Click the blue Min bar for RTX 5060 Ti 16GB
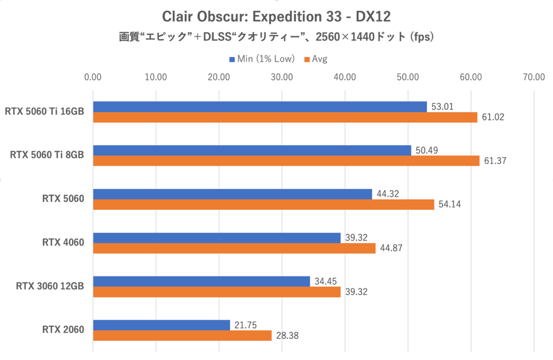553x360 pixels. pyautogui.click(x=260, y=107)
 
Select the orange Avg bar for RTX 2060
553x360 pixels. pyautogui.click(x=182, y=336)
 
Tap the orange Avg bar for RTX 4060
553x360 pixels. pyautogui.click(x=234, y=248)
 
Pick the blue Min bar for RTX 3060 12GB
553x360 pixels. pyautogui.click(x=201, y=281)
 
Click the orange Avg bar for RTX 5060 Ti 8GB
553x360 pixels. pyautogui.click(x=286, y=161)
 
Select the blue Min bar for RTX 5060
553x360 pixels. pyautogui.click(x=232, y=194)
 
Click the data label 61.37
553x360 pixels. pyautogui.click(x=495, y=161)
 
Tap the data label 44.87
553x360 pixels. pyautogui.click(x=391, y=248)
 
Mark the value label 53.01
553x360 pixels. pyautogui.click(x=442, y=107)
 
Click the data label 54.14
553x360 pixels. pyautogui.click(x=449, y=205)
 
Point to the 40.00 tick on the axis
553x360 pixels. pyautogui.click(x=345, y=77)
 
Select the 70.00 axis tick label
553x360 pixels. pyautogui.click(x=534, y=77)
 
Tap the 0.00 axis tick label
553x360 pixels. pyautogui.click(x=93, y=77)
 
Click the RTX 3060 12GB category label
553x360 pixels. pyautogui.click(x=50, y=286)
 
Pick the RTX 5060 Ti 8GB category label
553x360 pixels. pyautogui.click(x=47, y=155)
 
